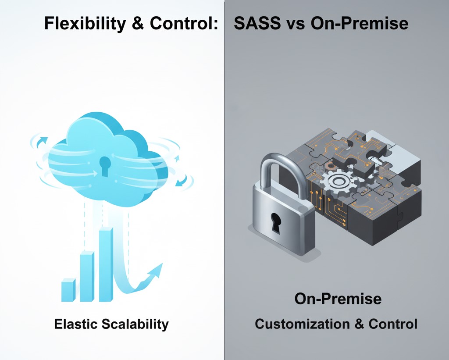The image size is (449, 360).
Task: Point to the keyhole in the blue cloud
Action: [104, 166]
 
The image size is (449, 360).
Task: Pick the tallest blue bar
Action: [106, 264]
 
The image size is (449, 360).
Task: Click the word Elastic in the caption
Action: [75, 324]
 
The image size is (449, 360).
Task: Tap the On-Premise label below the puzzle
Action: [338, 299]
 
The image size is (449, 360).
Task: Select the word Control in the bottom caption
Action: [393, 324]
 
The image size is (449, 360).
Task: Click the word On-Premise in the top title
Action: [359, 24]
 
